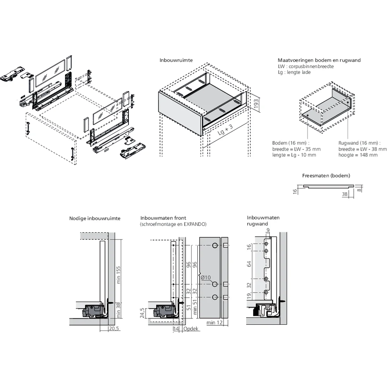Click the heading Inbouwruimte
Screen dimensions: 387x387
tap(176, 60)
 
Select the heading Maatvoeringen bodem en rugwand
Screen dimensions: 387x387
tap(319, 60)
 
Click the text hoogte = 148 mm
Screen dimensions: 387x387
tap(358, 155)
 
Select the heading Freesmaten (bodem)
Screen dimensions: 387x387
tap(326, 176)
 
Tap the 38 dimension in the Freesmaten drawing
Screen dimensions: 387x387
tap(345, 194)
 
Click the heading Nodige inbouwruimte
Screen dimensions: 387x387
tap(95, 218)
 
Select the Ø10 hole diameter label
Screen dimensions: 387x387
tap(205, 277)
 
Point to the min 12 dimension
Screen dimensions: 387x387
tap(214, 322)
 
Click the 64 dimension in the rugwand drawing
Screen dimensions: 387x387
tap(249, 264)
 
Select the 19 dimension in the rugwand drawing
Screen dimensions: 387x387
tap(249, 296)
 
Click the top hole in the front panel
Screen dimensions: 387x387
tap(215, 246)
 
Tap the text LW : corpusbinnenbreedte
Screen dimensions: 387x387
tap(306, 66)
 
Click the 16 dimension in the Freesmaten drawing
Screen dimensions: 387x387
tap(295, 190)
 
